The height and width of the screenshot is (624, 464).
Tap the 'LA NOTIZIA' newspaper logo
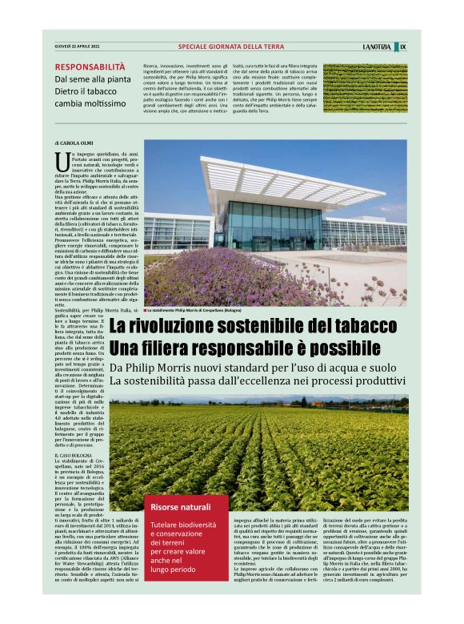[x=377, y=46]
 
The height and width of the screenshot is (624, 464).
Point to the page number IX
[x=402, y=46]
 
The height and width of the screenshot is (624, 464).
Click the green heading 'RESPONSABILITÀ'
[x=90, y=67]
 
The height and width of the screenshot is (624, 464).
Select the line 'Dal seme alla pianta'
[x=93, y=79]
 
